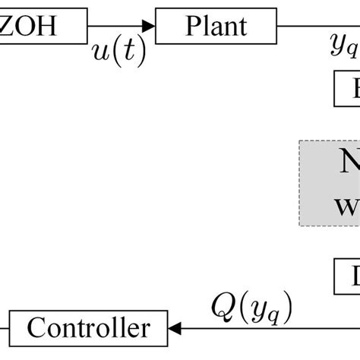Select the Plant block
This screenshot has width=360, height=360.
click(216, 27)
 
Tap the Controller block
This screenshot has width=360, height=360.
click(88, 327)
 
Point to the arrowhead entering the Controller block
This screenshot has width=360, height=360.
click(175, 328)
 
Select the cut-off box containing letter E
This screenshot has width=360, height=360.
click(347, 90)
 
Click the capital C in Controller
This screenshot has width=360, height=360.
click(36, 328)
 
